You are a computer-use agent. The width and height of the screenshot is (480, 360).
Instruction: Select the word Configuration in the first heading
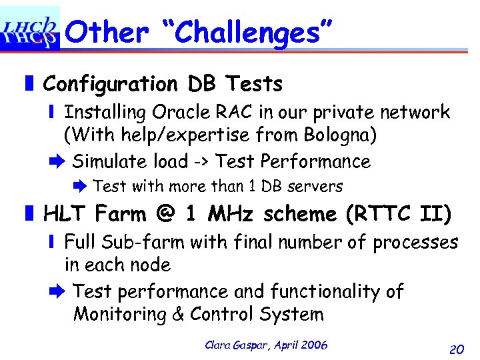[x=110, y=85]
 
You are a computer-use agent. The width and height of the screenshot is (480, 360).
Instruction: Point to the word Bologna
[x=340, y=135]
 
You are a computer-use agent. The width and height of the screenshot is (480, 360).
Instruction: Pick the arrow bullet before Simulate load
[x=57, y=161]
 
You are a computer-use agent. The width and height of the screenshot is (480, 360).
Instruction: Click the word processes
[x=415, y=242]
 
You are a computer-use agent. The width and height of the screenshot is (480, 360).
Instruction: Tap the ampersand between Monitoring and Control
[x=177, y=314]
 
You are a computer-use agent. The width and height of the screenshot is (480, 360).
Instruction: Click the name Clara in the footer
[x=219, y=345]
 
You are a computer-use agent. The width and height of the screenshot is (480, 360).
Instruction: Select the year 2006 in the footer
[x=314, y=345]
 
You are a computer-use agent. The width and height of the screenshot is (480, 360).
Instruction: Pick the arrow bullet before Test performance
[x=57, y=291]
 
